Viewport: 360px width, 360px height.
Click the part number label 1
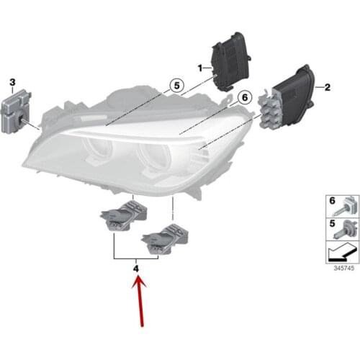click(x=201, y=67)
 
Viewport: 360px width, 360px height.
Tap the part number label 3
click(x=12, y=84)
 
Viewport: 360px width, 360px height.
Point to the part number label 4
click(x=136, y=269)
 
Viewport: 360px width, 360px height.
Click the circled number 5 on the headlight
click(x=173, y=87)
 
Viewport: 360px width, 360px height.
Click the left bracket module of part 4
click(x=125, y=217)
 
